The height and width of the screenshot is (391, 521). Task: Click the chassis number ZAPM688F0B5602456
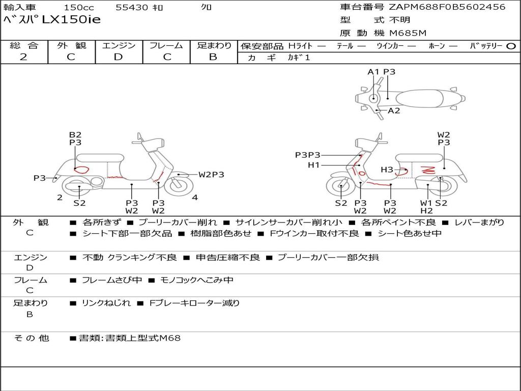pyautogui.click(x=447, y=7)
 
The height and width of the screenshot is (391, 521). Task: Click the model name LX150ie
pyautogui.click(x=71, y=19)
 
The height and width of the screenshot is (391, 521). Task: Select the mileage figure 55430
pyautogui.click(x=132, y=7)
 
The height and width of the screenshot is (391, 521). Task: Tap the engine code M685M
pyautogui.click(x=408, y=33)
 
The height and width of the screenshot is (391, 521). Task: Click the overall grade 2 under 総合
pyautogui.click(x=23, y=57)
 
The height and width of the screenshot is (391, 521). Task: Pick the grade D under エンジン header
pyautogui.click(x=118, y=57)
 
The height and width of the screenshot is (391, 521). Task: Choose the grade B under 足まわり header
pyautogui.click(x=213, y=57)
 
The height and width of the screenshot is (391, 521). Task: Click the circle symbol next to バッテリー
pyautogui.click(x=511, y=46)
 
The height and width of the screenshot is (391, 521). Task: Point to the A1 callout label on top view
pyautogui.click(x=373, y=72)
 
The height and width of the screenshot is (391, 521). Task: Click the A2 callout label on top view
pyautogui.click(x=394, y=110)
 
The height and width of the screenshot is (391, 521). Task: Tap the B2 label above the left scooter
pyautogui.click(x=75, y=134)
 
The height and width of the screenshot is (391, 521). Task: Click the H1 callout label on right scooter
pyautogui.click(x=313, y=165)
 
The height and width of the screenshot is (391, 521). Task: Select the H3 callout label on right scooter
pyautogui.click(x=387, y=170)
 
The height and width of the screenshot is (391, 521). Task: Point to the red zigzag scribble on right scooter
pyautogui.click(x=428, y=170)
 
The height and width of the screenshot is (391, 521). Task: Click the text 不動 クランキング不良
pyautogui.click(x=130, y=257)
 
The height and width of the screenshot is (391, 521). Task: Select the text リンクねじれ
pyautogui.click(x=106, y=303)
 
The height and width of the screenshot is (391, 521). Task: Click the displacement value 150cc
pyautogui.click(x=79, y=7)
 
